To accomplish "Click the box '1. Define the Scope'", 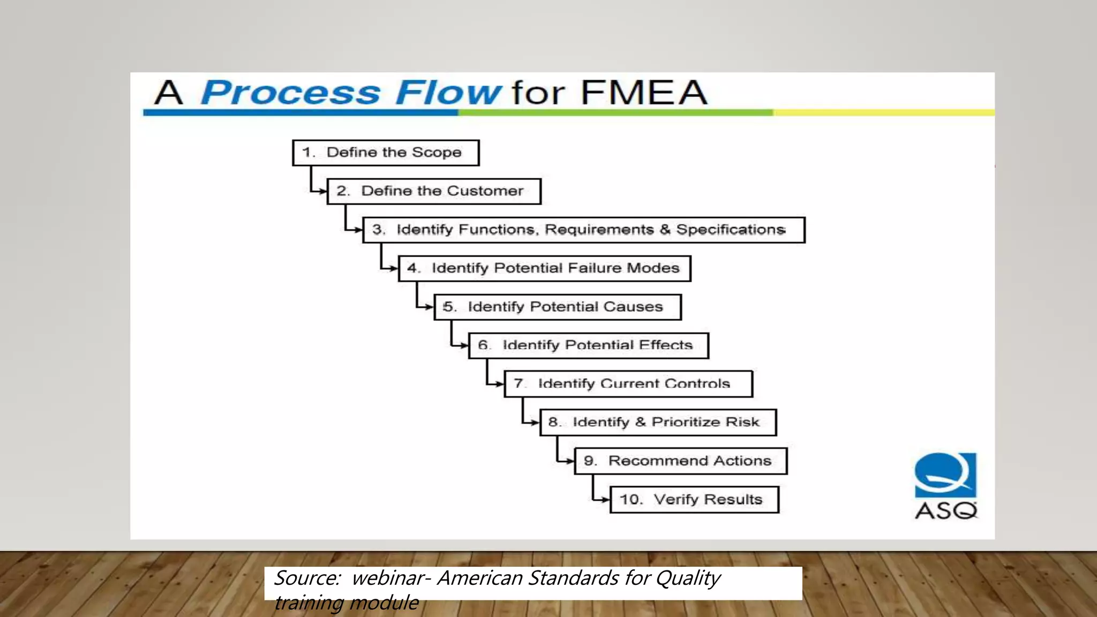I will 386,153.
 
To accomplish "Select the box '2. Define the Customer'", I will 434,191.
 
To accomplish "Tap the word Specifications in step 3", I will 731,230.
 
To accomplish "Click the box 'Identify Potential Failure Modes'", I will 545,268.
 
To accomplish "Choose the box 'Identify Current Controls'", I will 628,384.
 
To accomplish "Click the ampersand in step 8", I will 641,423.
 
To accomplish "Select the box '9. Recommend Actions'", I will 681,461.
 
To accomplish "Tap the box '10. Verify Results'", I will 694,500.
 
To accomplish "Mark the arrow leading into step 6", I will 464,345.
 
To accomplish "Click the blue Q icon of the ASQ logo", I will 945,475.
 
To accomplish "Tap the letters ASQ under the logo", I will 946,510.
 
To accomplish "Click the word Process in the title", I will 290,93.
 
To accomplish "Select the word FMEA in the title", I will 644,93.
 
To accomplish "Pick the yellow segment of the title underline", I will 884,112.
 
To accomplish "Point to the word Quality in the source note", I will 688,578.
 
